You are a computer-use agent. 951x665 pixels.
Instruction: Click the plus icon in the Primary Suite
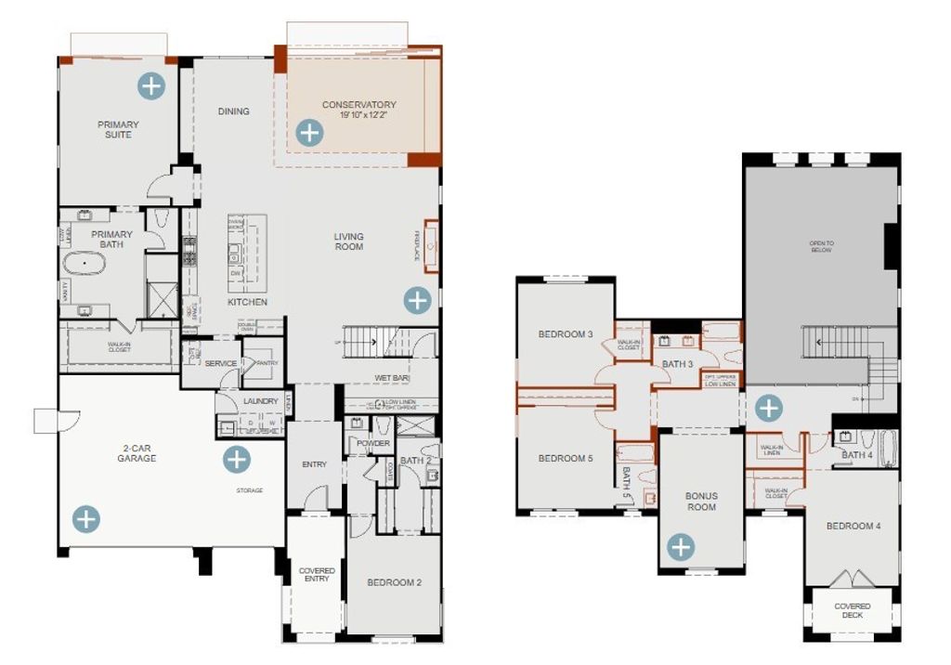point(151,86)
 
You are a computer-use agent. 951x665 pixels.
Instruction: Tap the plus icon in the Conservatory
point(310,133)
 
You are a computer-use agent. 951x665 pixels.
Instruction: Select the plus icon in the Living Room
point(418,299)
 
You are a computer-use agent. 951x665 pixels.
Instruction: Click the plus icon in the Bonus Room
point(681,547)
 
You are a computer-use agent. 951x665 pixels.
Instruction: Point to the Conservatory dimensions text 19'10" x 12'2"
point(358,116)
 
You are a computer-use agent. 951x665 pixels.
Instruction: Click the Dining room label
point(234,111)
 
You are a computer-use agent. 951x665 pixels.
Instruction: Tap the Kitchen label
point(247,302)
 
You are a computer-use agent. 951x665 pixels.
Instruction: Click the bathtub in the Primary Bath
point(85,263)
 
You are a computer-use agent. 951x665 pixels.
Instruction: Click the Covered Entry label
point(316,574)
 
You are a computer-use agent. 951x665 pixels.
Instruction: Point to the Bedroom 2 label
point(394,582)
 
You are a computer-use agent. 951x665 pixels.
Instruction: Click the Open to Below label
point(821,247)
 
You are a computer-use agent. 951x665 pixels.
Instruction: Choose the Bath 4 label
point(856,455)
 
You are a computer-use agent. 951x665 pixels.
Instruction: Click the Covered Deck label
point(852,610)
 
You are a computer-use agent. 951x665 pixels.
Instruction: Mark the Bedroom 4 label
point(853,526)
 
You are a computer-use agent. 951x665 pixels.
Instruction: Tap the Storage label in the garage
point(248,490)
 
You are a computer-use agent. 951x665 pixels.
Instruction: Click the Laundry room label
point(261,401)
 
